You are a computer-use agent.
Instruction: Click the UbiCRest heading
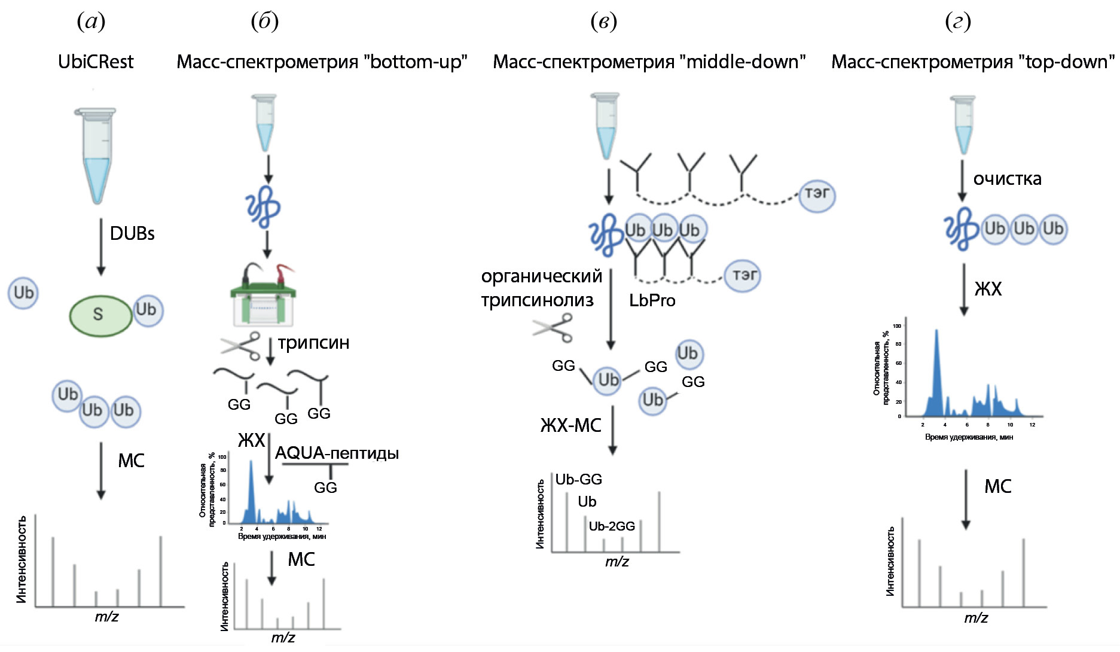[96, 62]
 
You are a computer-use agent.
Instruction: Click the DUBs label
[132, 233]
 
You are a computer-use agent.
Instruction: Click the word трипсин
[313, 343]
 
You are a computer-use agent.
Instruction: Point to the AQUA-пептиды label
[337, 453]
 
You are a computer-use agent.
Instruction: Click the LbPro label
[652, 300]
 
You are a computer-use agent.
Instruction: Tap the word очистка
[1007, 179]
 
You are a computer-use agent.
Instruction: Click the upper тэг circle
[817, 194]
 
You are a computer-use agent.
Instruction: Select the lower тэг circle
[743, 275]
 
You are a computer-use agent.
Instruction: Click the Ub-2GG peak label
[612, 526]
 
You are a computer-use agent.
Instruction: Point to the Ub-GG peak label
[578, 480]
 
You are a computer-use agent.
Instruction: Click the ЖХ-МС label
[570, 425]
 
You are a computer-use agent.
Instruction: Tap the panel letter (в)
[603, 22]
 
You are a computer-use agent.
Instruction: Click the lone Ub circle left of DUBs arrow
[23, 293]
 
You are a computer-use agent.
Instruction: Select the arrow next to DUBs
[101, 246]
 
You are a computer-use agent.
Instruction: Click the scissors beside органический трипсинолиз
[553, 328]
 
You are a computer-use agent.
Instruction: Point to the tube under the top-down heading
[963, 124]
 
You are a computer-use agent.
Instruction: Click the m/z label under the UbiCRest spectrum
[106, 617]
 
